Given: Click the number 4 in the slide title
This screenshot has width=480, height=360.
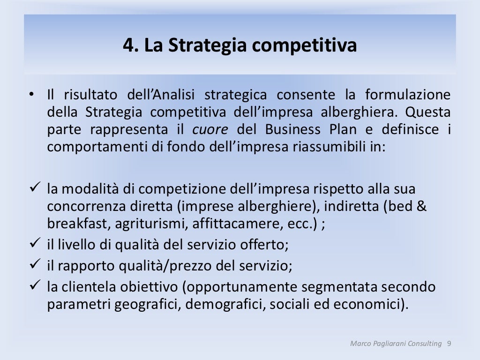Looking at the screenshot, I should tap(128, 45).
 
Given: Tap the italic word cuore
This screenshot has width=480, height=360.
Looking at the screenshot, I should tap(210, 129).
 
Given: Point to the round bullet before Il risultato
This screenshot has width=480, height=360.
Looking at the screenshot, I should tap(31, 96).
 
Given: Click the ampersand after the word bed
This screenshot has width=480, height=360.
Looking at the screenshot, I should tap(421, 206).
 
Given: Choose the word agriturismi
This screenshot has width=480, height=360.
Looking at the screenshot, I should tap(150, 224).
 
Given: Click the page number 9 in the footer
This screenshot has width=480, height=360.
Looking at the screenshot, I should tap(449, 344).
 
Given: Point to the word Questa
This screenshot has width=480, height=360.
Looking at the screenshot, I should tap(428, 112).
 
